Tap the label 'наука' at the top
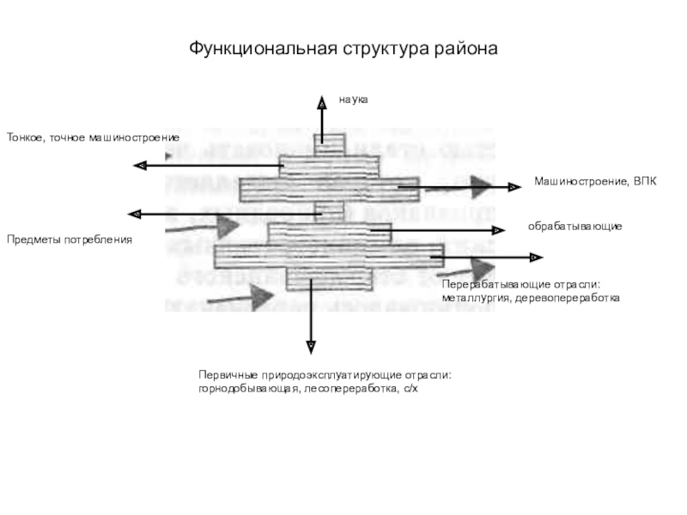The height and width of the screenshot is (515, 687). click(x=352, y=100)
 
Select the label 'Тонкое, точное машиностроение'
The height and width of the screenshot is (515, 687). click(x=93, y=137)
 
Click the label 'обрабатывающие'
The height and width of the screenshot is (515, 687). click(x=575, y=225)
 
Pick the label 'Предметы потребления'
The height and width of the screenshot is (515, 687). click(x=70, y=240)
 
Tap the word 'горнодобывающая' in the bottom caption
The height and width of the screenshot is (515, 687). click(x=247, y=389)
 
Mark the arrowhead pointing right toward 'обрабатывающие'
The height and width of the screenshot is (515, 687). click(x=498, y=230)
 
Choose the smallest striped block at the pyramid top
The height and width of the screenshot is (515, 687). click(x=328, y=144)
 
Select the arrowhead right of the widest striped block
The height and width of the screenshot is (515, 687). click(x=534, y=257)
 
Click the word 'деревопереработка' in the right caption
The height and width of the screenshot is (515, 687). click(x=564, y=298)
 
